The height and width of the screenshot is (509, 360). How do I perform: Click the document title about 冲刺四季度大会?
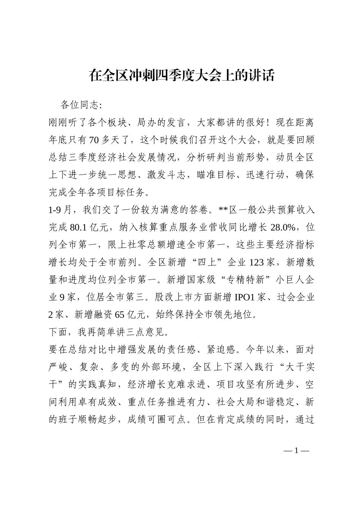181,75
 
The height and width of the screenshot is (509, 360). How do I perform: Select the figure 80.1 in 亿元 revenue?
79,228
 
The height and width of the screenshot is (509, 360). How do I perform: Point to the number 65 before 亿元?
119,315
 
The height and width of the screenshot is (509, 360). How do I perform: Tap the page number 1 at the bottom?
297,451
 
